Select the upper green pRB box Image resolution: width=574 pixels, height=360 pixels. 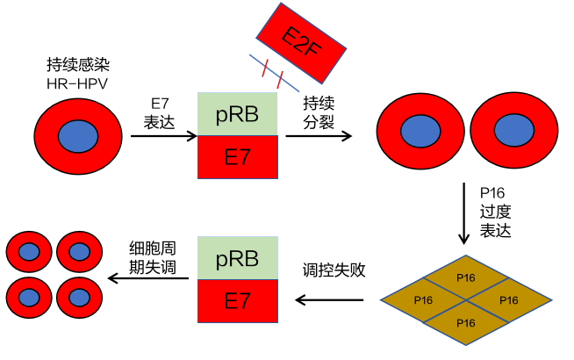click(238, 114)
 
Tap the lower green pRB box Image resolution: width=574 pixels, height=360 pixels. click(238, 258)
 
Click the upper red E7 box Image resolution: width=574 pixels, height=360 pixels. click(238, 157)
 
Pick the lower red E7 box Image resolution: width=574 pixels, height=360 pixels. click(238, 301)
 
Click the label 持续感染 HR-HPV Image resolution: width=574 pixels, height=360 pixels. click(78, 73)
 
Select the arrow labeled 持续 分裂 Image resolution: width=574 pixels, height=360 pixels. click(319, 136)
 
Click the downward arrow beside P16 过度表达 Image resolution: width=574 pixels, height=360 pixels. click(465, 213)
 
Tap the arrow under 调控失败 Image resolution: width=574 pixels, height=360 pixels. click(329, 300)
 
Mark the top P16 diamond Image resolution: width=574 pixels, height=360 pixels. click(466, 277)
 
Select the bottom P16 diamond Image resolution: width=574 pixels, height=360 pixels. click(466, 322)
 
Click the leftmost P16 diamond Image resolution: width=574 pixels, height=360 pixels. click(423, 300)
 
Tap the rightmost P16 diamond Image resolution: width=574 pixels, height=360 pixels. click(509, 300)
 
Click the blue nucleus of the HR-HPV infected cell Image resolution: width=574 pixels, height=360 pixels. click(78, 137)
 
